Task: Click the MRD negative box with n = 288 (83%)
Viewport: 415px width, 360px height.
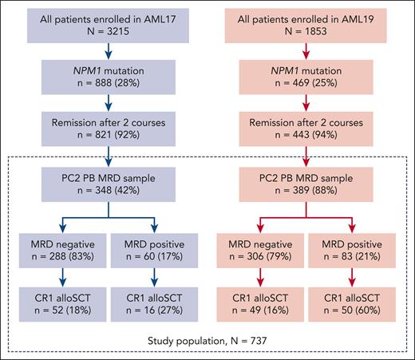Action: point(61,253)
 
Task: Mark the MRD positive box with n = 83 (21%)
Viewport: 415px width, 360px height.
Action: point(354,253)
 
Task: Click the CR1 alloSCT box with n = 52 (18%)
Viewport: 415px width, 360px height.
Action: point(61,308)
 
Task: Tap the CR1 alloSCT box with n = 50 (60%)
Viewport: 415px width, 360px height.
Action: point(354,308)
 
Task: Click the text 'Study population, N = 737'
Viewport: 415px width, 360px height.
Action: point(207,345)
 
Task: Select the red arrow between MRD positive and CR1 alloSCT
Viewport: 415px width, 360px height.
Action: point(354,281)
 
